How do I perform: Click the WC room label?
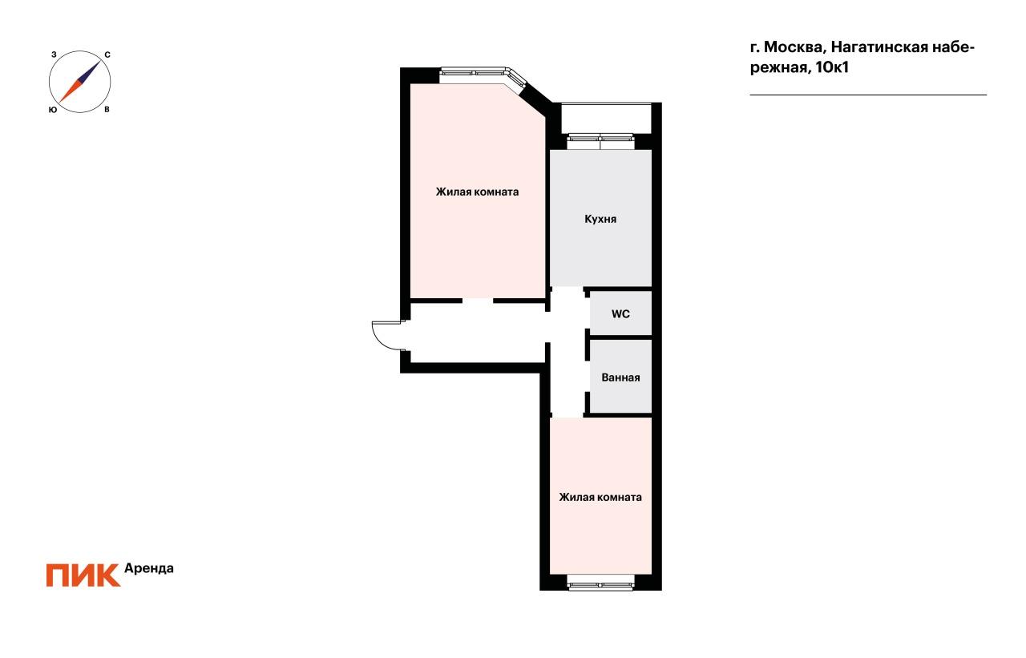(620, 314)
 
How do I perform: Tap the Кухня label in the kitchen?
(600, 219)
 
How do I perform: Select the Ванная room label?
(620, 377)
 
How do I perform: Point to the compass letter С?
(107, 55)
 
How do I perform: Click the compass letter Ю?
(53, 110)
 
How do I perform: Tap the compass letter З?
(54, 54)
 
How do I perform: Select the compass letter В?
(107, 110)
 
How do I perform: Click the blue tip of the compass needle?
(100, 61)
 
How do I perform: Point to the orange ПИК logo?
(83, 575)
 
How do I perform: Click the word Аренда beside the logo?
(149, 568)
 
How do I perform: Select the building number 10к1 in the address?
(832, 67)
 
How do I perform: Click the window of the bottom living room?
(600, 585)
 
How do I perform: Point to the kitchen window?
(600, 137)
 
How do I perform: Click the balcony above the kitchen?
(606, 118)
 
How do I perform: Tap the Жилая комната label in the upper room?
(477, 192)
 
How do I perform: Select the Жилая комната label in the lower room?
(600, 497)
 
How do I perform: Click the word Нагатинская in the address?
(880, 47)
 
